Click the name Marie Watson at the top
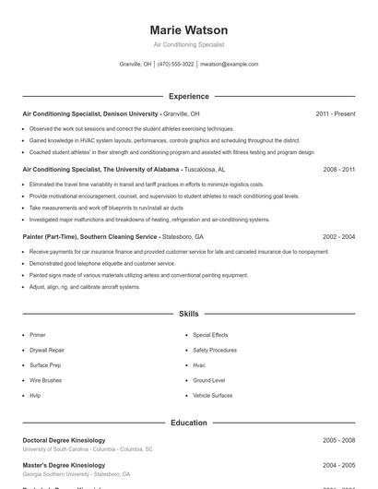(x=188, y=30)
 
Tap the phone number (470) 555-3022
(x=175, y=65)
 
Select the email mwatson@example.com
(x=229, y=65)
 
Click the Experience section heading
(x=188, y=96)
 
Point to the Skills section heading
(x=188, y=315)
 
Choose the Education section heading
(x=188, y=423)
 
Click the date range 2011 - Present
(x=335, y=114)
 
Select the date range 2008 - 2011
(x=338, y=170)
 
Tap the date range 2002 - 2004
(x=338, y=237)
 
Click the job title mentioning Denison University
(x=90, y=114)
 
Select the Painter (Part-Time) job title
(x=90, y=237)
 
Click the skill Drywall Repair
(x=47, y=351)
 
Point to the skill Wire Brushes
(x=45, y=380)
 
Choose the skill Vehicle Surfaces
(x=212, y=395)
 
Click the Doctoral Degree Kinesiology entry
(x=64, y=440)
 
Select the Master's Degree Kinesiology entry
(x=64, y=465)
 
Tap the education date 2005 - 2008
(x=338, y=440)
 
